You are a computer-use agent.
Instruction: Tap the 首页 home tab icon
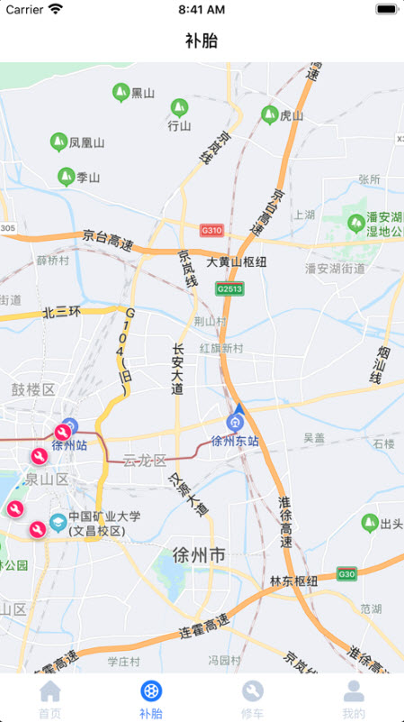(50, 692)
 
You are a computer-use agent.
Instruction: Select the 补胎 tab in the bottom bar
(151, 692)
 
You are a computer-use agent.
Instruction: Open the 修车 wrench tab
(253, 692)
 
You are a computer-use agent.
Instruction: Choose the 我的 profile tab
(355, 692)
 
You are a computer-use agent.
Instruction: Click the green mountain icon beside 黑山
(121, 92)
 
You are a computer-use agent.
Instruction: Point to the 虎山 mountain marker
(269, 114)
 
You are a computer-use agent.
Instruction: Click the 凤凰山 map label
(80, 142)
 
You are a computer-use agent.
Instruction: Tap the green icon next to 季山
(66, 177)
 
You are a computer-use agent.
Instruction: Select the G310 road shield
(211, 231)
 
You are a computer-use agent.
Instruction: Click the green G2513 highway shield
(229, 288)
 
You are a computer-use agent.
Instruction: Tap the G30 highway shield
(346, 573)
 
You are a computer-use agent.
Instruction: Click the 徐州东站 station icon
(236, 421)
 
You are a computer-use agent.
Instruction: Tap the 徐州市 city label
(199, 555)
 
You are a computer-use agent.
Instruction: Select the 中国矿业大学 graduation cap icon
(58, 521)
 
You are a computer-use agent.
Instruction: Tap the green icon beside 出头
(369, 523)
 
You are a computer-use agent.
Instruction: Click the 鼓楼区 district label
(33, 389)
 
